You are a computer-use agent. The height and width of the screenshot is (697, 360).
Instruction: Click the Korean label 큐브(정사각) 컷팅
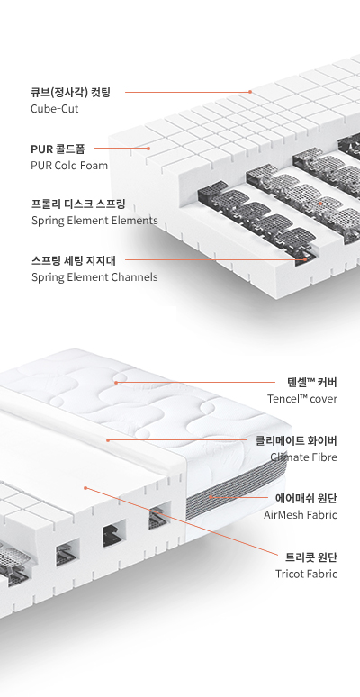71,93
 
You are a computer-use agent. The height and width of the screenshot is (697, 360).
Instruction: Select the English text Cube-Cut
55,108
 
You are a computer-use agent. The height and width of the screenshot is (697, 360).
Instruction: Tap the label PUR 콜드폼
58,149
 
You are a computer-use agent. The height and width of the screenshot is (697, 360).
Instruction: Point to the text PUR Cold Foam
69,166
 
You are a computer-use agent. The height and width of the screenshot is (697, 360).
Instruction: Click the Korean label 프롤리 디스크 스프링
78,204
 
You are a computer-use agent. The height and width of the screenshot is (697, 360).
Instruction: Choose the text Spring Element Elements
94,221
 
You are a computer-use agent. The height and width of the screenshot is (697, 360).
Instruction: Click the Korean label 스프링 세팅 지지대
74,260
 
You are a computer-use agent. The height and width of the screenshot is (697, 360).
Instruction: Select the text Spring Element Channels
94,277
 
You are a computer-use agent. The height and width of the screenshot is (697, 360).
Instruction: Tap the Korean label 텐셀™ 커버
312,383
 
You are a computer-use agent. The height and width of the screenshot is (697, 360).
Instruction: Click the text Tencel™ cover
302,399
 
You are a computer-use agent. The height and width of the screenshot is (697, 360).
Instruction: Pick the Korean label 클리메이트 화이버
296,440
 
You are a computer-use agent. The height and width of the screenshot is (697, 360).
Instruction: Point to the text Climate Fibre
304,457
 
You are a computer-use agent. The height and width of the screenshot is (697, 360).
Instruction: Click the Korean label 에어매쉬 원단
307,499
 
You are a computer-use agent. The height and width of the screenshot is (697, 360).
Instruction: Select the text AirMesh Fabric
301,515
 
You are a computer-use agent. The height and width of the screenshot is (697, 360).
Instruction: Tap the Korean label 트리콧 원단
311,557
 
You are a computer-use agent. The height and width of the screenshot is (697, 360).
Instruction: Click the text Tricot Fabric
307,574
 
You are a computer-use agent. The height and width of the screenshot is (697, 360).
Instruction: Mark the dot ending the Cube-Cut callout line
250,92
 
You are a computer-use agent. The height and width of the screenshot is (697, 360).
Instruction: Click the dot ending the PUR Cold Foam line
148,149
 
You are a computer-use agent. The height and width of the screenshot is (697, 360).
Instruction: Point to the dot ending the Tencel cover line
116,383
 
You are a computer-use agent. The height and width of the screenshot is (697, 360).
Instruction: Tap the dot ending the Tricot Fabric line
85,488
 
